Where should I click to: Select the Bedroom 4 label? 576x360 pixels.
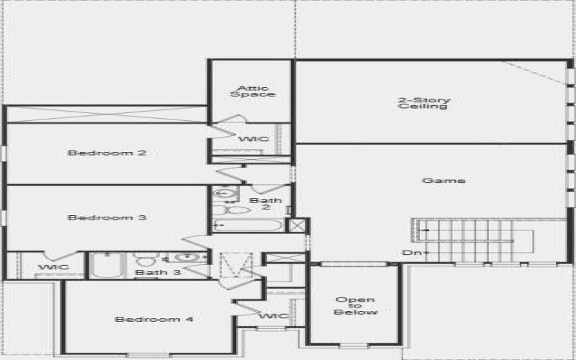tap(154, 319)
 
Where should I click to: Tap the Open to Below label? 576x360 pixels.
tap(355, 306)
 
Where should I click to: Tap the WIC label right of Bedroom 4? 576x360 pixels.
tap(274, 316)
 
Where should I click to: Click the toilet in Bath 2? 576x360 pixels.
tap(235, 210)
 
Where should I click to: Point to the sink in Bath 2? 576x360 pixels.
tap(225, 193)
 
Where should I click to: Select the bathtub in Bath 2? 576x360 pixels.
tap(248, 225)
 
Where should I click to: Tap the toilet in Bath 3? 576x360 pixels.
tap(146, 259)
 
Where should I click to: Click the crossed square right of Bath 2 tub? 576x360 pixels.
tap(295, 225)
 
